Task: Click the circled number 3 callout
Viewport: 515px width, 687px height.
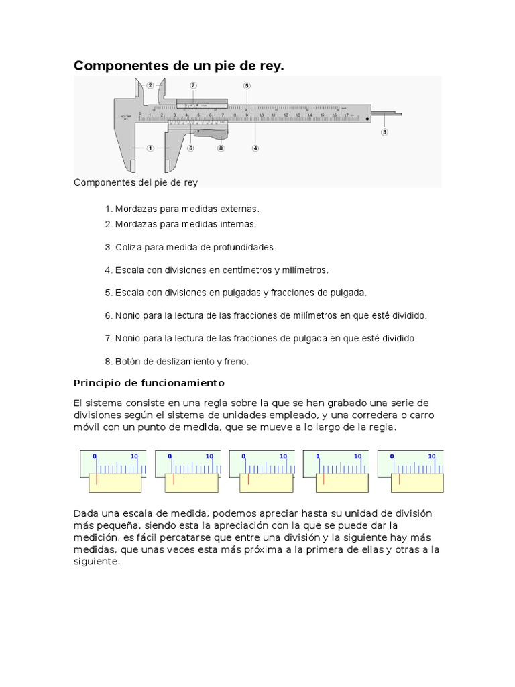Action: pos(384,132)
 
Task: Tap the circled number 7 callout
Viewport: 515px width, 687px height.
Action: pos(193,85)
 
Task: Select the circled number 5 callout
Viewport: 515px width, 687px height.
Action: pos(247,85)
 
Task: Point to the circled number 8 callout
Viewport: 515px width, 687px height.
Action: pos(220,148)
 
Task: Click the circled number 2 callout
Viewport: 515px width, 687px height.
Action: pos(150,85)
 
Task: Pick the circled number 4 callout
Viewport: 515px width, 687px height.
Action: pos(255,148)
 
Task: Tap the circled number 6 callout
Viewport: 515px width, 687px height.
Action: pos(190,148)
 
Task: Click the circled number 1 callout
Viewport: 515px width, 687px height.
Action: pos(150,148)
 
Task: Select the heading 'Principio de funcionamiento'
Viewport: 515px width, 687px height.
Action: pos(148,383)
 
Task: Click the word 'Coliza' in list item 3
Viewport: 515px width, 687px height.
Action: pos(129,247)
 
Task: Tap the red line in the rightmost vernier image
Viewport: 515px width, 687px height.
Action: pos(399,479)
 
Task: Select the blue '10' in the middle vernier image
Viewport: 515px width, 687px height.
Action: pos(283,456)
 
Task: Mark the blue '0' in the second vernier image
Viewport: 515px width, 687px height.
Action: pos(170,456)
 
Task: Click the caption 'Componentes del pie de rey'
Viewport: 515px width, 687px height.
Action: pos(135,182)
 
